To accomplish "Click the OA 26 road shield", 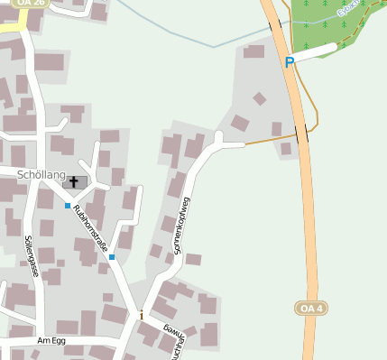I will click(x=31, y=4).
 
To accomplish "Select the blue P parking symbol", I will click(x=290, y=63).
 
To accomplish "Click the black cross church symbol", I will click(x=74, y=182).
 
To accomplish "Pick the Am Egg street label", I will click(x=52, y=340).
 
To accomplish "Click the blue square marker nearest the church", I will click(x=67, y=206).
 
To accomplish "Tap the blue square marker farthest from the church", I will click(x=112, y=257).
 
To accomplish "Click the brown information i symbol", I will click(x=141, y=315).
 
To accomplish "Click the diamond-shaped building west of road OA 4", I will click(x=260, y=98).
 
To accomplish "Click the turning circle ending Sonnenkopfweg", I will click(x=218, y=138).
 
